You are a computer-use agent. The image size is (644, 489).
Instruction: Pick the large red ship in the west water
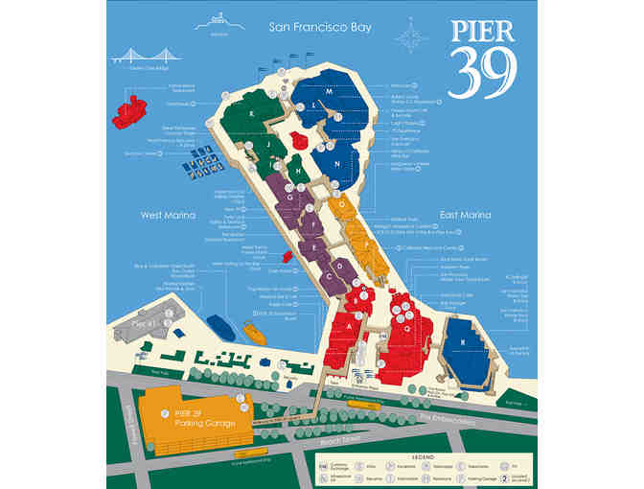(x=127, y=110)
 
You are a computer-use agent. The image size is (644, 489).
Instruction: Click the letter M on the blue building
(x=328, y=103)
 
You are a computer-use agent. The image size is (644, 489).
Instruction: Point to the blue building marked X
(x=463, y=339)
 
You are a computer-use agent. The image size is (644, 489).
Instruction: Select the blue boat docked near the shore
(x=216, y=326)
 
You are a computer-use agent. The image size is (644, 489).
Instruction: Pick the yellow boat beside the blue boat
(x=253, y=333)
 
